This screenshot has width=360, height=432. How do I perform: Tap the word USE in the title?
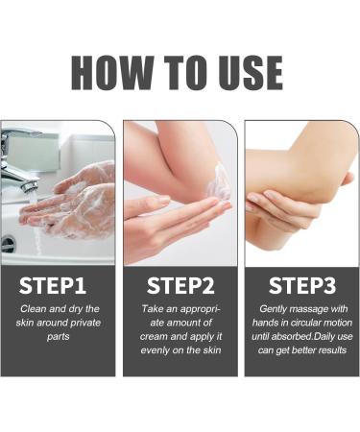click(251, 72)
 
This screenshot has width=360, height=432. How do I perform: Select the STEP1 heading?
click(53, 285)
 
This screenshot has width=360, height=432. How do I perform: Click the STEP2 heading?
click(180, 285)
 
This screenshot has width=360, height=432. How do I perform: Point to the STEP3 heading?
click(302, 285)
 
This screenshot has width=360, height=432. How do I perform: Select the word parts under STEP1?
click(59, 337)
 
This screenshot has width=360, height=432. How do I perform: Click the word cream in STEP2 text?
click(154, 337)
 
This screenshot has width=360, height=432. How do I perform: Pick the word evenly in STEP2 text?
click(156, 350)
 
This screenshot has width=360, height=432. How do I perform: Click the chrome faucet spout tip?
click(29, 186)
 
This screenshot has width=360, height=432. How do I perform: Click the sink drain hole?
click(8, 244)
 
